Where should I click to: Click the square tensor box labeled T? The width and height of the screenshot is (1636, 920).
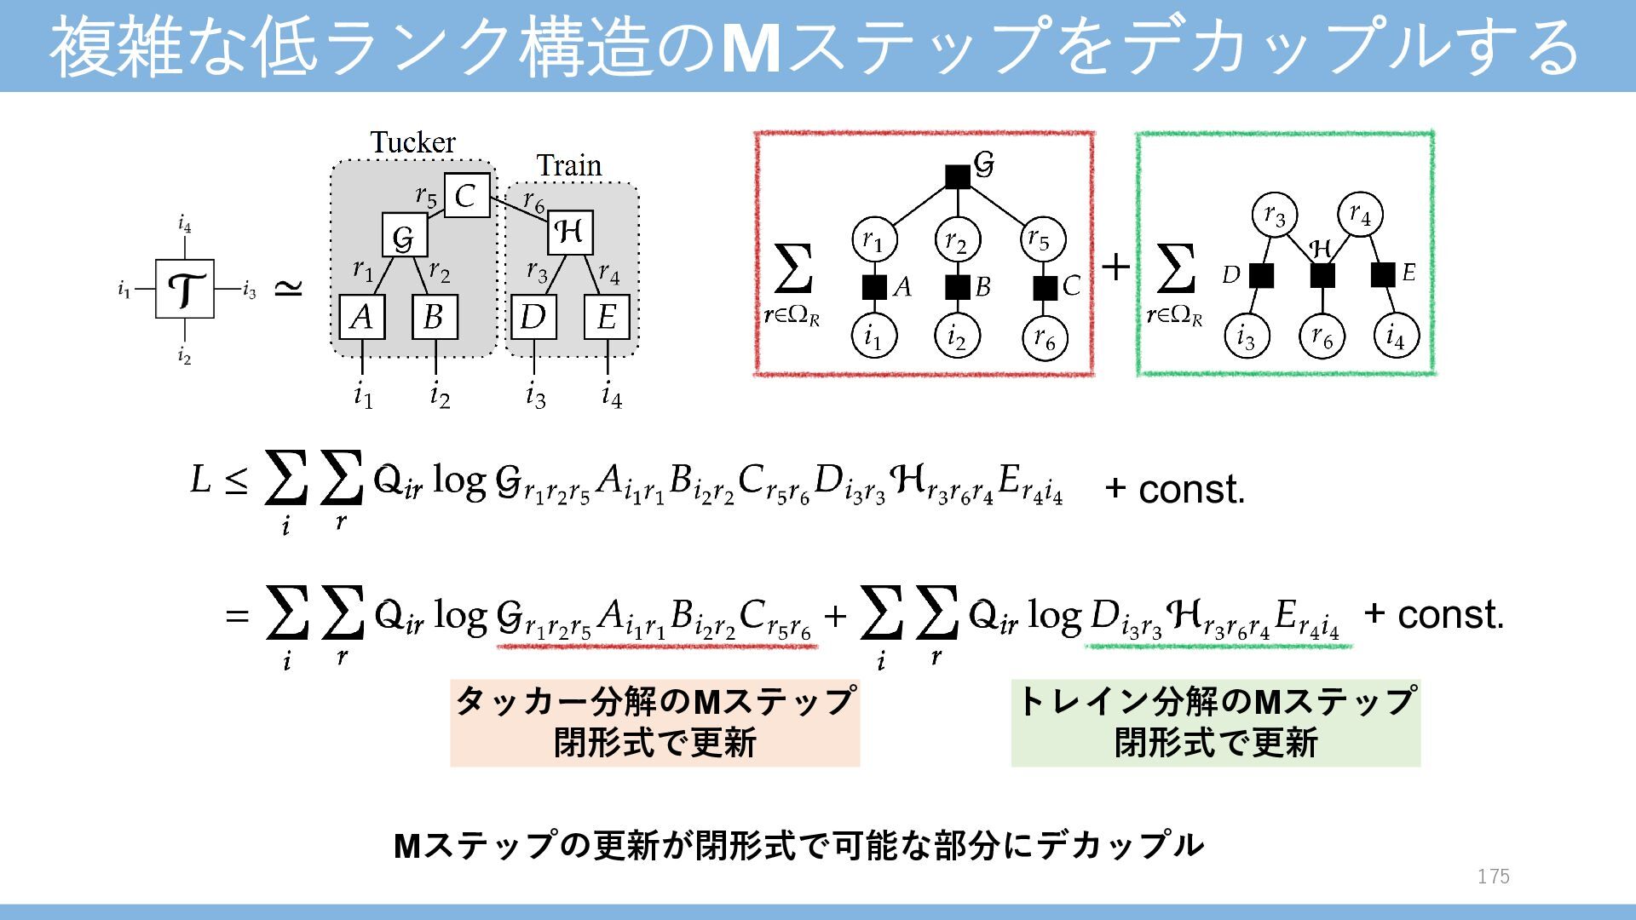[184, 290]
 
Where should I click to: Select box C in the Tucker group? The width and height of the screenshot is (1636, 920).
[467, 195]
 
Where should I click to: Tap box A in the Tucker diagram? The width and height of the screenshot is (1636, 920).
[362, 317]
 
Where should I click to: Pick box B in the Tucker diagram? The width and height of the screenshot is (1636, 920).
[435, 317]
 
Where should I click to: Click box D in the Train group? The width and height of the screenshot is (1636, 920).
[533, 317]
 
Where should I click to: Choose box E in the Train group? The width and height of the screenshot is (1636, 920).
[607, 317]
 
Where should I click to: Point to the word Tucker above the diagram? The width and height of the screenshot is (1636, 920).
[412, 142]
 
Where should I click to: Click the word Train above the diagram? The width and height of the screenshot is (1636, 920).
[569, 165]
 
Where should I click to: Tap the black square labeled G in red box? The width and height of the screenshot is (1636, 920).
[958, 176]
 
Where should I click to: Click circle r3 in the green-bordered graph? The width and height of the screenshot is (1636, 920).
[1275, 216]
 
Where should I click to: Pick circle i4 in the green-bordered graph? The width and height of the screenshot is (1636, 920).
[1396, 336]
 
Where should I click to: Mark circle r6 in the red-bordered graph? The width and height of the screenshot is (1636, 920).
[1045, 339]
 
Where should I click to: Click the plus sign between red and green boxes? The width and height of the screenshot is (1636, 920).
[1115, 267]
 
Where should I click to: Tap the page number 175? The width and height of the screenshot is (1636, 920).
[1493, 877]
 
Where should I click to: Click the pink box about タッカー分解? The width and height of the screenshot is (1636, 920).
[654, 722]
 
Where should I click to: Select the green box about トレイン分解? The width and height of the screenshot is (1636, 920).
[1215, 722]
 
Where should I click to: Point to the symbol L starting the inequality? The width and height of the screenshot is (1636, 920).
[200, 480]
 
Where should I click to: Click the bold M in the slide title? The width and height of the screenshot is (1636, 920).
[751, 48]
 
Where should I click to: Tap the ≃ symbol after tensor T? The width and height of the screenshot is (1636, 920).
[288, 290]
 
